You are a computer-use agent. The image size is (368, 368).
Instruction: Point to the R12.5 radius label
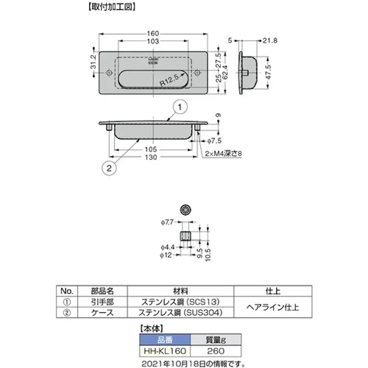[170, 81]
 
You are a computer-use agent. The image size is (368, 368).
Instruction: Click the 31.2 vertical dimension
[93, 63]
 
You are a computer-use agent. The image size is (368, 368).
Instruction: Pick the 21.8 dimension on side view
[270, 40]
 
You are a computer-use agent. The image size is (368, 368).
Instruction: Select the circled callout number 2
[109, 167]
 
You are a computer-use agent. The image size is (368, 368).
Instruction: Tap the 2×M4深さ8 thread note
[224, 154]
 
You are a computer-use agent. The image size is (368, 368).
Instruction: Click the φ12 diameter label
[167, 255]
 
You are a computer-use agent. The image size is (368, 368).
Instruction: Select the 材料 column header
[180, 290]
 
